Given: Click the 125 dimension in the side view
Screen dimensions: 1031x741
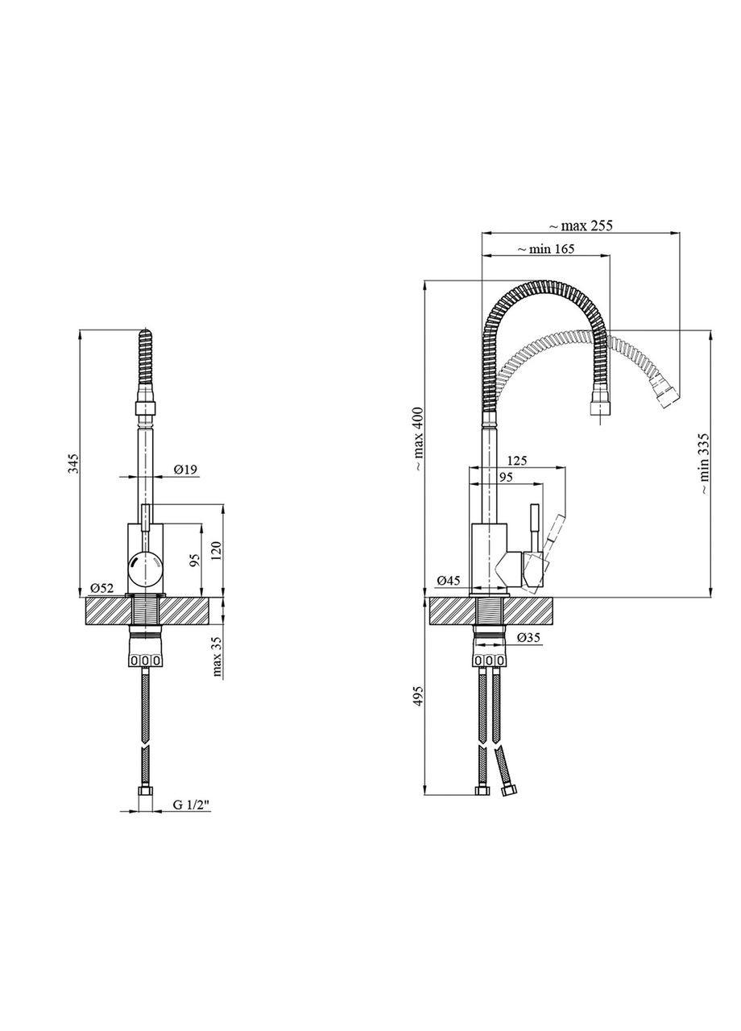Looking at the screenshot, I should [x=518, y=461].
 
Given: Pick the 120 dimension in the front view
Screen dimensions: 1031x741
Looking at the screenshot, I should [x=215, y=551].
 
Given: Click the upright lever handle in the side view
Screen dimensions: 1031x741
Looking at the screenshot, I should [x=533, y=528].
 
